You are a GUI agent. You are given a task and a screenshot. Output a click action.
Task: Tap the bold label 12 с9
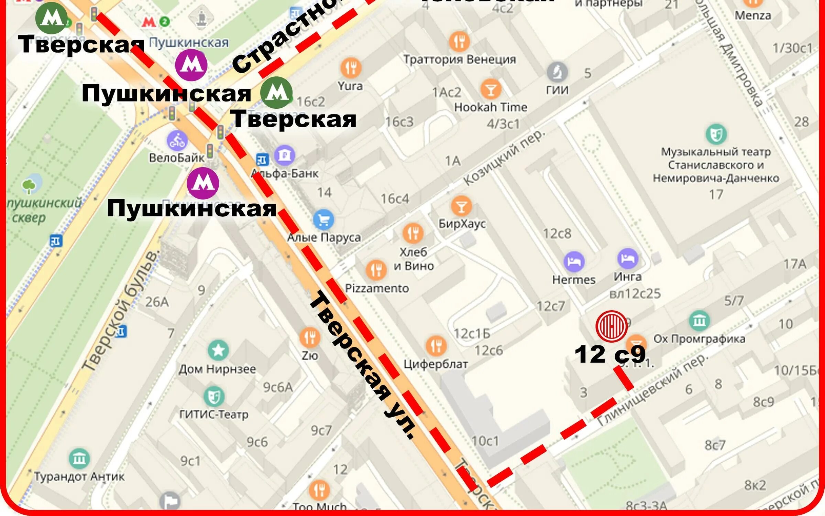(610, 354)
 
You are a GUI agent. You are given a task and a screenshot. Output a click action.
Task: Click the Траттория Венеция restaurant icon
(459, 41)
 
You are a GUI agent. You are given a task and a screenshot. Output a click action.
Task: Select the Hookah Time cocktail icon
(491, 89)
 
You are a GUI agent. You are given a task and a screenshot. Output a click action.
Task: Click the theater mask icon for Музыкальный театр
(716, 134)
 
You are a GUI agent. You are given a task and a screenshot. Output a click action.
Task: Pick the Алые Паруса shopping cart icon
(323, 219)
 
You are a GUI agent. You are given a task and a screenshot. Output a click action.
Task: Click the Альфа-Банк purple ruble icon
(284, 155)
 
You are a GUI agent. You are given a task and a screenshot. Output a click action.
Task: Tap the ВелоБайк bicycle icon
(177, 141)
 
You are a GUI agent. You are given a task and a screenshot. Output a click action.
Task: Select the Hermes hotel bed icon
(574, 261)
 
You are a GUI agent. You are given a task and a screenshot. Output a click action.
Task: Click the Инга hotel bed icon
(628, 258)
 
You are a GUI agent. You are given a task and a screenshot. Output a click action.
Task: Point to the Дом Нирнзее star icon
(218, 350)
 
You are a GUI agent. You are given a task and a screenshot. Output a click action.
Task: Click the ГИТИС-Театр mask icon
(214, 396)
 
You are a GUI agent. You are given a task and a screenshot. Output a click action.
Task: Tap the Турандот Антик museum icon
(79, 459)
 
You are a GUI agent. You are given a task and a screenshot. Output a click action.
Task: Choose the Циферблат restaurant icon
(436, 346)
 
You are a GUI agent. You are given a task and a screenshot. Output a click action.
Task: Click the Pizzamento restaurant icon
(376, 270)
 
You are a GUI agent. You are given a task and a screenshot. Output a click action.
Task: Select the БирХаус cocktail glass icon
(461, 206)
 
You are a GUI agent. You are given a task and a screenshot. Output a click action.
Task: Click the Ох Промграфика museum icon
(699, 321)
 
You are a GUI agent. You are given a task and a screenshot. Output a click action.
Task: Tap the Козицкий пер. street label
(504, 158)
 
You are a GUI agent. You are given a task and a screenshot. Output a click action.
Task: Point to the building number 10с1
(485, 441)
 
